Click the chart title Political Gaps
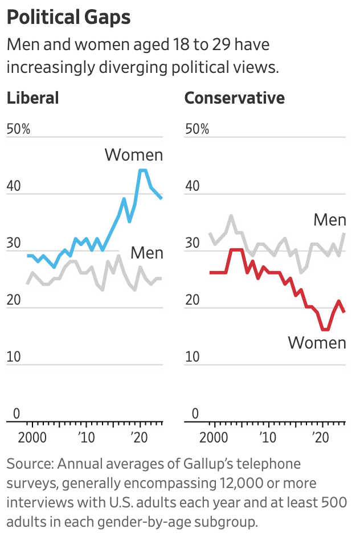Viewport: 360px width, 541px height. coord(68,18)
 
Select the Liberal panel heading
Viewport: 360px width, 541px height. coord(32,97)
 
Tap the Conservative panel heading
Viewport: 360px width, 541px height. coord(235,97)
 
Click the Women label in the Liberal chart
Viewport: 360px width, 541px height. coord(134,155)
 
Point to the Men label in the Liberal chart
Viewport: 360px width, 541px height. coord(146,253)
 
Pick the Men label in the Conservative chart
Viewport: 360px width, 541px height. coord(330,220)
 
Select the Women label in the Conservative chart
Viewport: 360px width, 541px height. coord(317,343)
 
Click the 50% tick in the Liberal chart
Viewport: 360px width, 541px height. coord(18,129)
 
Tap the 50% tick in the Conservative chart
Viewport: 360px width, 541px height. coord(197,129)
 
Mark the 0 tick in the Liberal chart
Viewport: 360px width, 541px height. coord(17,413)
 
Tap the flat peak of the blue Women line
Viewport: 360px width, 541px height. coord(143,170)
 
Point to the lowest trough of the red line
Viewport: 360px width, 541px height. coord(325,329)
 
